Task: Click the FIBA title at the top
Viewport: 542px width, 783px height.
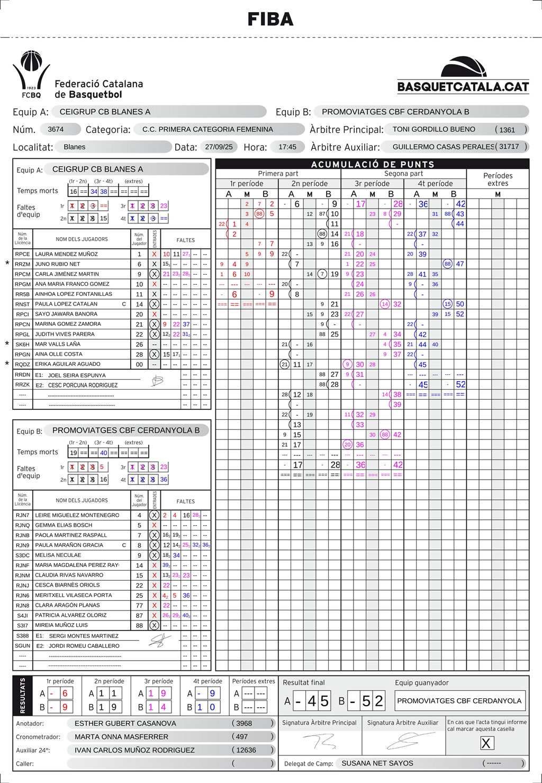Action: [x=270, y=20]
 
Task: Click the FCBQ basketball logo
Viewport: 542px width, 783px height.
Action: [x=31, y=74]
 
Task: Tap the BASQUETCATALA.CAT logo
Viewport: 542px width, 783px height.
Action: [x=463, y=75]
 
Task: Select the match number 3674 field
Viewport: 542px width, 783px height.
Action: [x=56, y=129]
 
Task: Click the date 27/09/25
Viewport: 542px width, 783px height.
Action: [x=219, y=147]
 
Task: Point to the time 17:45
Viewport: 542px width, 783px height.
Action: [x=287, y=147]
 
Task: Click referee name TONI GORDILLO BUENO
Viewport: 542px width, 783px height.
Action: [x=433, y=129]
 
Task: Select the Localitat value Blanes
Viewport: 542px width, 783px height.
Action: [x=75, y=147]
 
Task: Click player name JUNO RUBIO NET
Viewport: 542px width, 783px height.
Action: [x=58, y=264]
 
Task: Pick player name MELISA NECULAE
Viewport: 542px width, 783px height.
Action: [x=58, y=555]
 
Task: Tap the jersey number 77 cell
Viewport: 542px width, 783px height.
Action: [x=139, y=606]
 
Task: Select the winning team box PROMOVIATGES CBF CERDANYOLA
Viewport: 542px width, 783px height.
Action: [x=459, y=701]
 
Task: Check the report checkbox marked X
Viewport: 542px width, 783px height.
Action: [x=486, y=743]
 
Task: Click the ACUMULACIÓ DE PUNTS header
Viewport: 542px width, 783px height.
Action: [x=373, y=164]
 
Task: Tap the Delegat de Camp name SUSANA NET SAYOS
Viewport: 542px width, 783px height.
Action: [x=377, y=763]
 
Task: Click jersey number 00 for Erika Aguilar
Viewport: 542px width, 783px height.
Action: [x=139, y=365]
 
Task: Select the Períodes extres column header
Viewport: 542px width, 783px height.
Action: [x=498, y=179]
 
